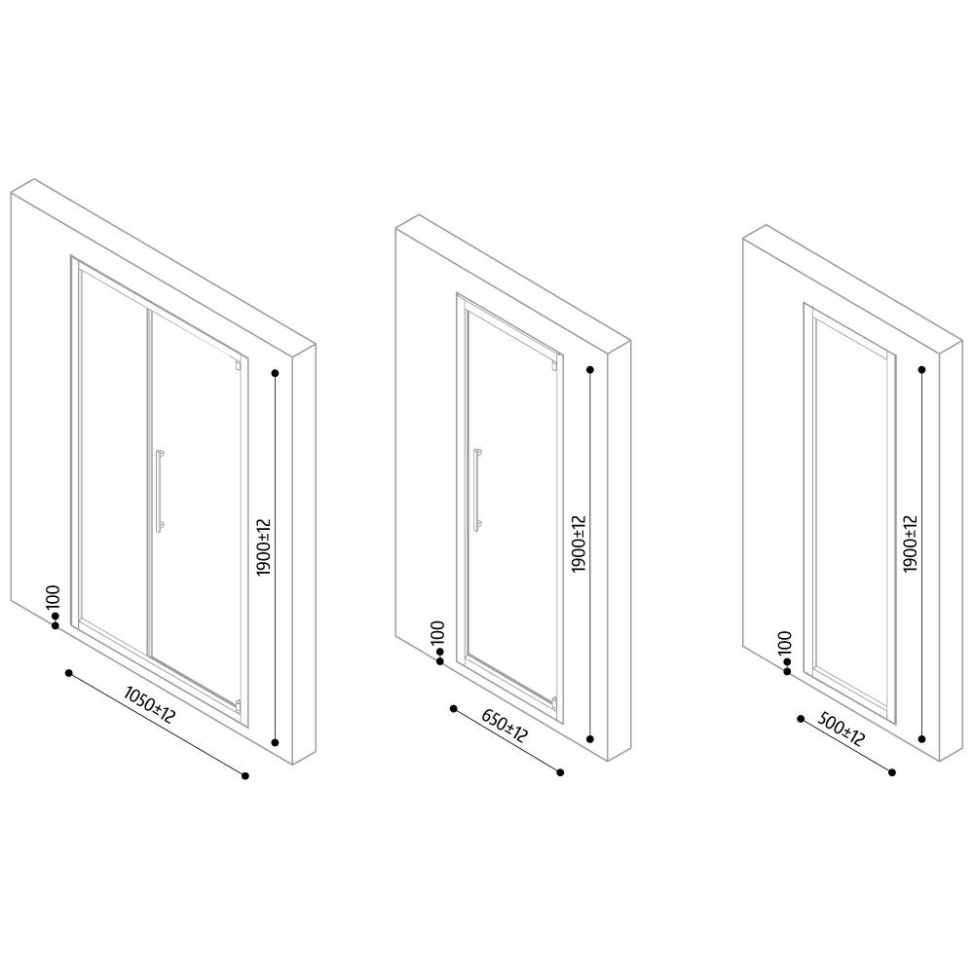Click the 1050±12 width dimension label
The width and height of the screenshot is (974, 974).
coord(150,704)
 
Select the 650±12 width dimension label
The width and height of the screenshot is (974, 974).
coord(505,727)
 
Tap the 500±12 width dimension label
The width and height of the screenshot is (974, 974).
coord(842,730)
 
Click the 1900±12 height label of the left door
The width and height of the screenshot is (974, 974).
coord(264,547)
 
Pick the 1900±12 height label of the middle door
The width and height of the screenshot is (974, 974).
coord(579,544)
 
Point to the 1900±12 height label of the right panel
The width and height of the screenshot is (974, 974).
coord(910,544)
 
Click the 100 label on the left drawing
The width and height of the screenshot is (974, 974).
coord(54,597)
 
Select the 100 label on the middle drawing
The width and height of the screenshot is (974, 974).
coord(438,632)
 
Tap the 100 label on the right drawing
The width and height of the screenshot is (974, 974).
coord(785,642)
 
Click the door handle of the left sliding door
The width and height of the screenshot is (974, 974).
coord(160,491)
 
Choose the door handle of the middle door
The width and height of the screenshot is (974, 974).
coord(477,490)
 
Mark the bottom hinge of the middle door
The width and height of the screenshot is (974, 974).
coord(554,702)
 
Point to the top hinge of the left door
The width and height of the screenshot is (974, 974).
coord(238,364)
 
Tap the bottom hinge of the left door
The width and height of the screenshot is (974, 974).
coord(238,705)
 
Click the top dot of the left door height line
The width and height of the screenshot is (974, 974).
coord(275,373)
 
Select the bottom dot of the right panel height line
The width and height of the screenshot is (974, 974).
coord(921,739)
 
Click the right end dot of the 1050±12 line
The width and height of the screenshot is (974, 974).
coord(245,775)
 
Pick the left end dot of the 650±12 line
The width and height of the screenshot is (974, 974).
coord(454,709)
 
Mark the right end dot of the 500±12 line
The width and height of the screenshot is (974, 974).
coord(892,772)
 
